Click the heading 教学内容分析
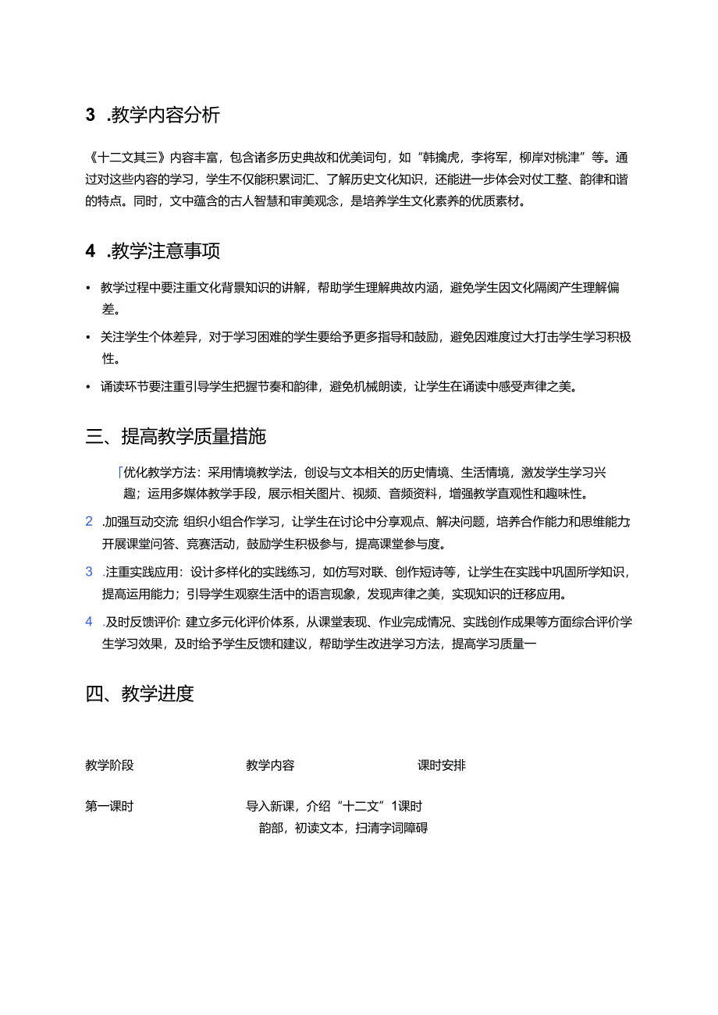pos(165,115)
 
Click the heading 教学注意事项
pos(165,251)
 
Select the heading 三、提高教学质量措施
pos(176,436)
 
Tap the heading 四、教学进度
pos(140,693)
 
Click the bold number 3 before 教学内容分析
pos(91,115)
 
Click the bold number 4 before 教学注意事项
pos(91,251)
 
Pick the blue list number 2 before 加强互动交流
pos(89,522)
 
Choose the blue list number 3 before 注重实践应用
pos(89,572)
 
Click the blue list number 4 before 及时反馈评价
pos(89,622)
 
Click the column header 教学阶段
pos(109,765)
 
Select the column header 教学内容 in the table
pos(270,765)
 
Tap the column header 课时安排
pos(442,765)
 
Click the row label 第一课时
pos(109,806)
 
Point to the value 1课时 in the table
pos(407,806)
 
